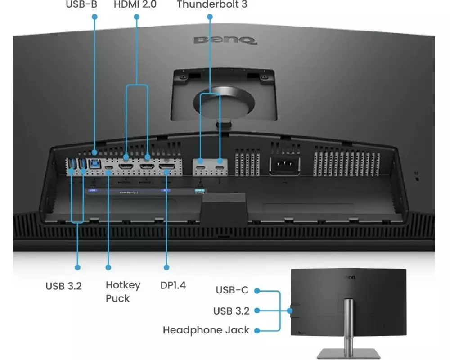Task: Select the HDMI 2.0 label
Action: coord(135,5)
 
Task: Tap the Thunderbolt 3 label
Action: coord(212,5)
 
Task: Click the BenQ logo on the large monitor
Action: coord(225,40)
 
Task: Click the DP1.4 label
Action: coord(173,285)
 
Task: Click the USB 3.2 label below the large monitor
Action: coord(63,286)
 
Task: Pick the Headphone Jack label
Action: coord(206,330)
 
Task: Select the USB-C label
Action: coord(232,290)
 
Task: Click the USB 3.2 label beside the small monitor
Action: coord(231,310)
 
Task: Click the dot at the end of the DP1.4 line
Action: coord(166,267)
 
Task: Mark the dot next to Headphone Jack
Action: coord(257,330)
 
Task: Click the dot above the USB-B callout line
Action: coord(94,17)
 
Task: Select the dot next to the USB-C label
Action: coord(257,291)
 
